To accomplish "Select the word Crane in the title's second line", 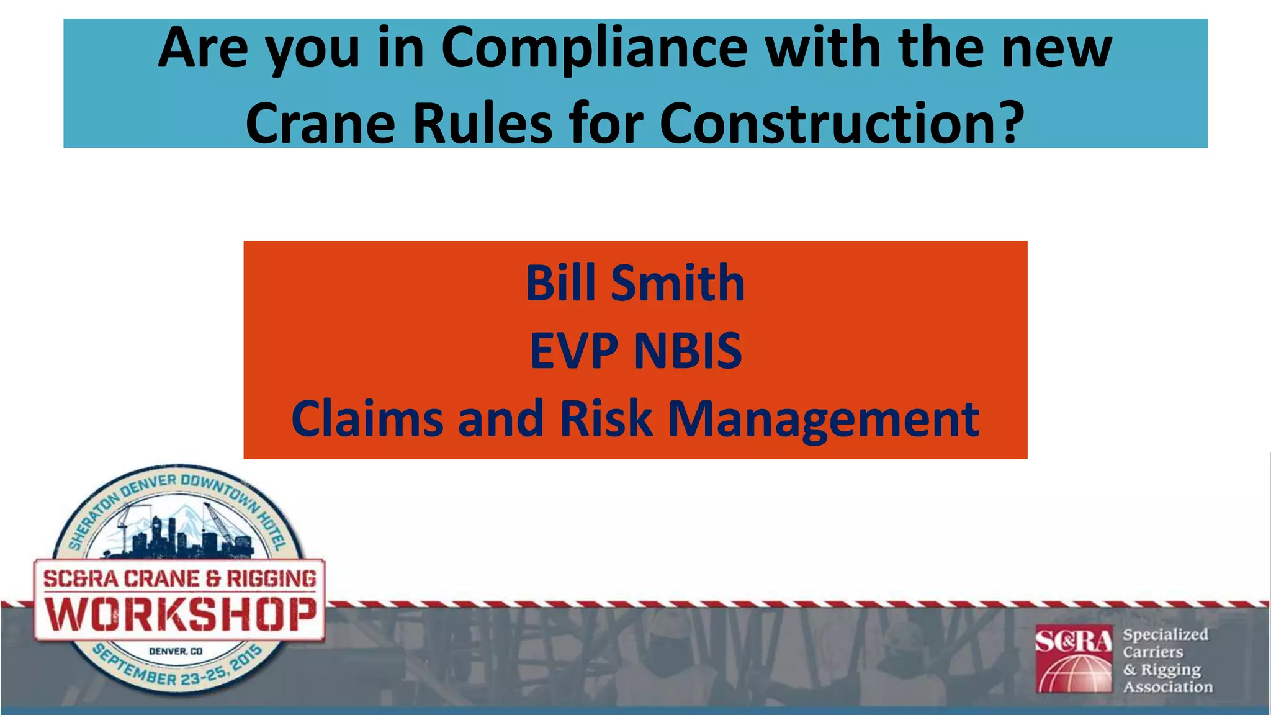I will coord(320,122).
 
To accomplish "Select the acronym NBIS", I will coord(688,351).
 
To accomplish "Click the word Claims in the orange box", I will coord(367,419).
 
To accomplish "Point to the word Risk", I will coord(606,419).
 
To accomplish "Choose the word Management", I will coord(823,419).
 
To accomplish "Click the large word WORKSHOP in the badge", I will coord(180,614).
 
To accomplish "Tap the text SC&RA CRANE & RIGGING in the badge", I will coord(179,578).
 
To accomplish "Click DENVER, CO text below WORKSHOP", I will coord(176,651).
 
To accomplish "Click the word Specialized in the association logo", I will coord(1165,634).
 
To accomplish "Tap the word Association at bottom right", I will coord(1167,686).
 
